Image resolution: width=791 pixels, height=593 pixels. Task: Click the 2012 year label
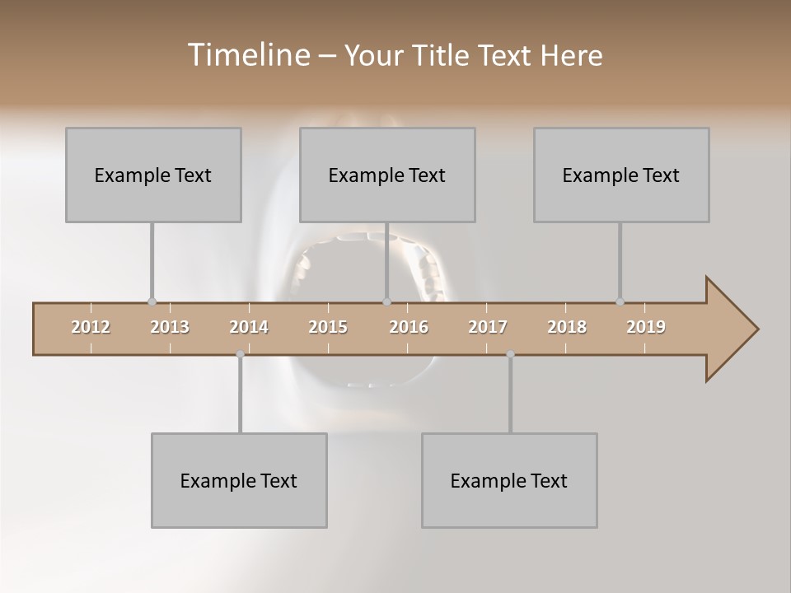(x=91, y=327)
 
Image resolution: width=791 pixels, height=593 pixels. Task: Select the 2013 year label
(x=170, y=327)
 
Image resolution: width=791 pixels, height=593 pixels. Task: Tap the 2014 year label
(x=249, y=327)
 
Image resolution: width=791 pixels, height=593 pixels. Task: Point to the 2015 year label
(x=328, y=327)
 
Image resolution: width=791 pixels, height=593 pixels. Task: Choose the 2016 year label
(x=409, y=327)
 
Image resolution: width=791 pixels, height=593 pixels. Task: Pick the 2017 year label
(x=488, y=327)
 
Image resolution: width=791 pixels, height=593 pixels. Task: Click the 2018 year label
(x=567, y=327)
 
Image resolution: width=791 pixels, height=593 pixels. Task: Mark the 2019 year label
(x=646, y=327)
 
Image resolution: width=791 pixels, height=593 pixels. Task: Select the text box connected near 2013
(x=153, y=175)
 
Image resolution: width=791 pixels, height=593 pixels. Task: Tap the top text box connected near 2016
(x=387, y=175)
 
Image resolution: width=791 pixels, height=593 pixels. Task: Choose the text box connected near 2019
(x=621, y=175)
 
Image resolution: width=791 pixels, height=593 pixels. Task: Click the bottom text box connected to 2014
(x=239, y=480)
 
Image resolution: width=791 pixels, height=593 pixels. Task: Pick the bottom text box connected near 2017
(x=509, y=480)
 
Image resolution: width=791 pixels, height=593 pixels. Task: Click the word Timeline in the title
(x=247, y=55)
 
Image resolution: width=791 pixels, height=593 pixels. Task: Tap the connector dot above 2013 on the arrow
(x=152, y=301)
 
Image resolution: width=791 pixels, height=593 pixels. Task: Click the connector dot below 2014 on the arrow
(x=240, y=354)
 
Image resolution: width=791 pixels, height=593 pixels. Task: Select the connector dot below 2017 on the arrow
(x=510, y=354)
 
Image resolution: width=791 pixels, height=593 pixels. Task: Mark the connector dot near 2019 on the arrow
(x=620, y=301)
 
